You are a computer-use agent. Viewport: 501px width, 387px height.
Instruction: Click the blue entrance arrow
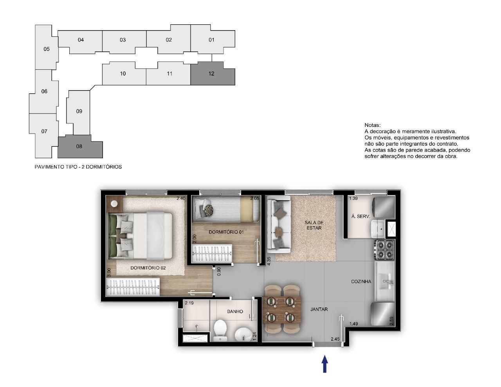coord(324,364)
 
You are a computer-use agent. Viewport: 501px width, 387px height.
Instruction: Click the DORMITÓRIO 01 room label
coord(226,232)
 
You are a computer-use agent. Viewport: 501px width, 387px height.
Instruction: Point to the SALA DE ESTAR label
coord(314,225)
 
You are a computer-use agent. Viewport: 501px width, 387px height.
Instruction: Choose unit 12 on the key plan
coord(213,73)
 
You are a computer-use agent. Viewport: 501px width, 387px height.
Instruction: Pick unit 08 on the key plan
coord(80,146)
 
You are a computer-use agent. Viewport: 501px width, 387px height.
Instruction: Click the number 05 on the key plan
coord(47,49)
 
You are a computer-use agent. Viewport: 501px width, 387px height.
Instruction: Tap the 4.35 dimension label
coord(269,261)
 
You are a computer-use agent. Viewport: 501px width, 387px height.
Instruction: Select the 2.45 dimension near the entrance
coord(335,339)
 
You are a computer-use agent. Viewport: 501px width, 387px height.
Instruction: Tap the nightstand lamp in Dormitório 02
coord(114,203)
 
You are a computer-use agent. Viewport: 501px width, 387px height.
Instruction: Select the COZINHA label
coord(361,281)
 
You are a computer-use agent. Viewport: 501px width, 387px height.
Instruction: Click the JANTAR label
coord(319,309)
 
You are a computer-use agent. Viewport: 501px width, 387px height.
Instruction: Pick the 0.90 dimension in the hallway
coord(219,271)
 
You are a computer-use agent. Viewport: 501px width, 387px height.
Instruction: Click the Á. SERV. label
coord(360,216)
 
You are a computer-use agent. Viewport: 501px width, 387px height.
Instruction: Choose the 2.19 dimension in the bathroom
coord(189,303)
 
